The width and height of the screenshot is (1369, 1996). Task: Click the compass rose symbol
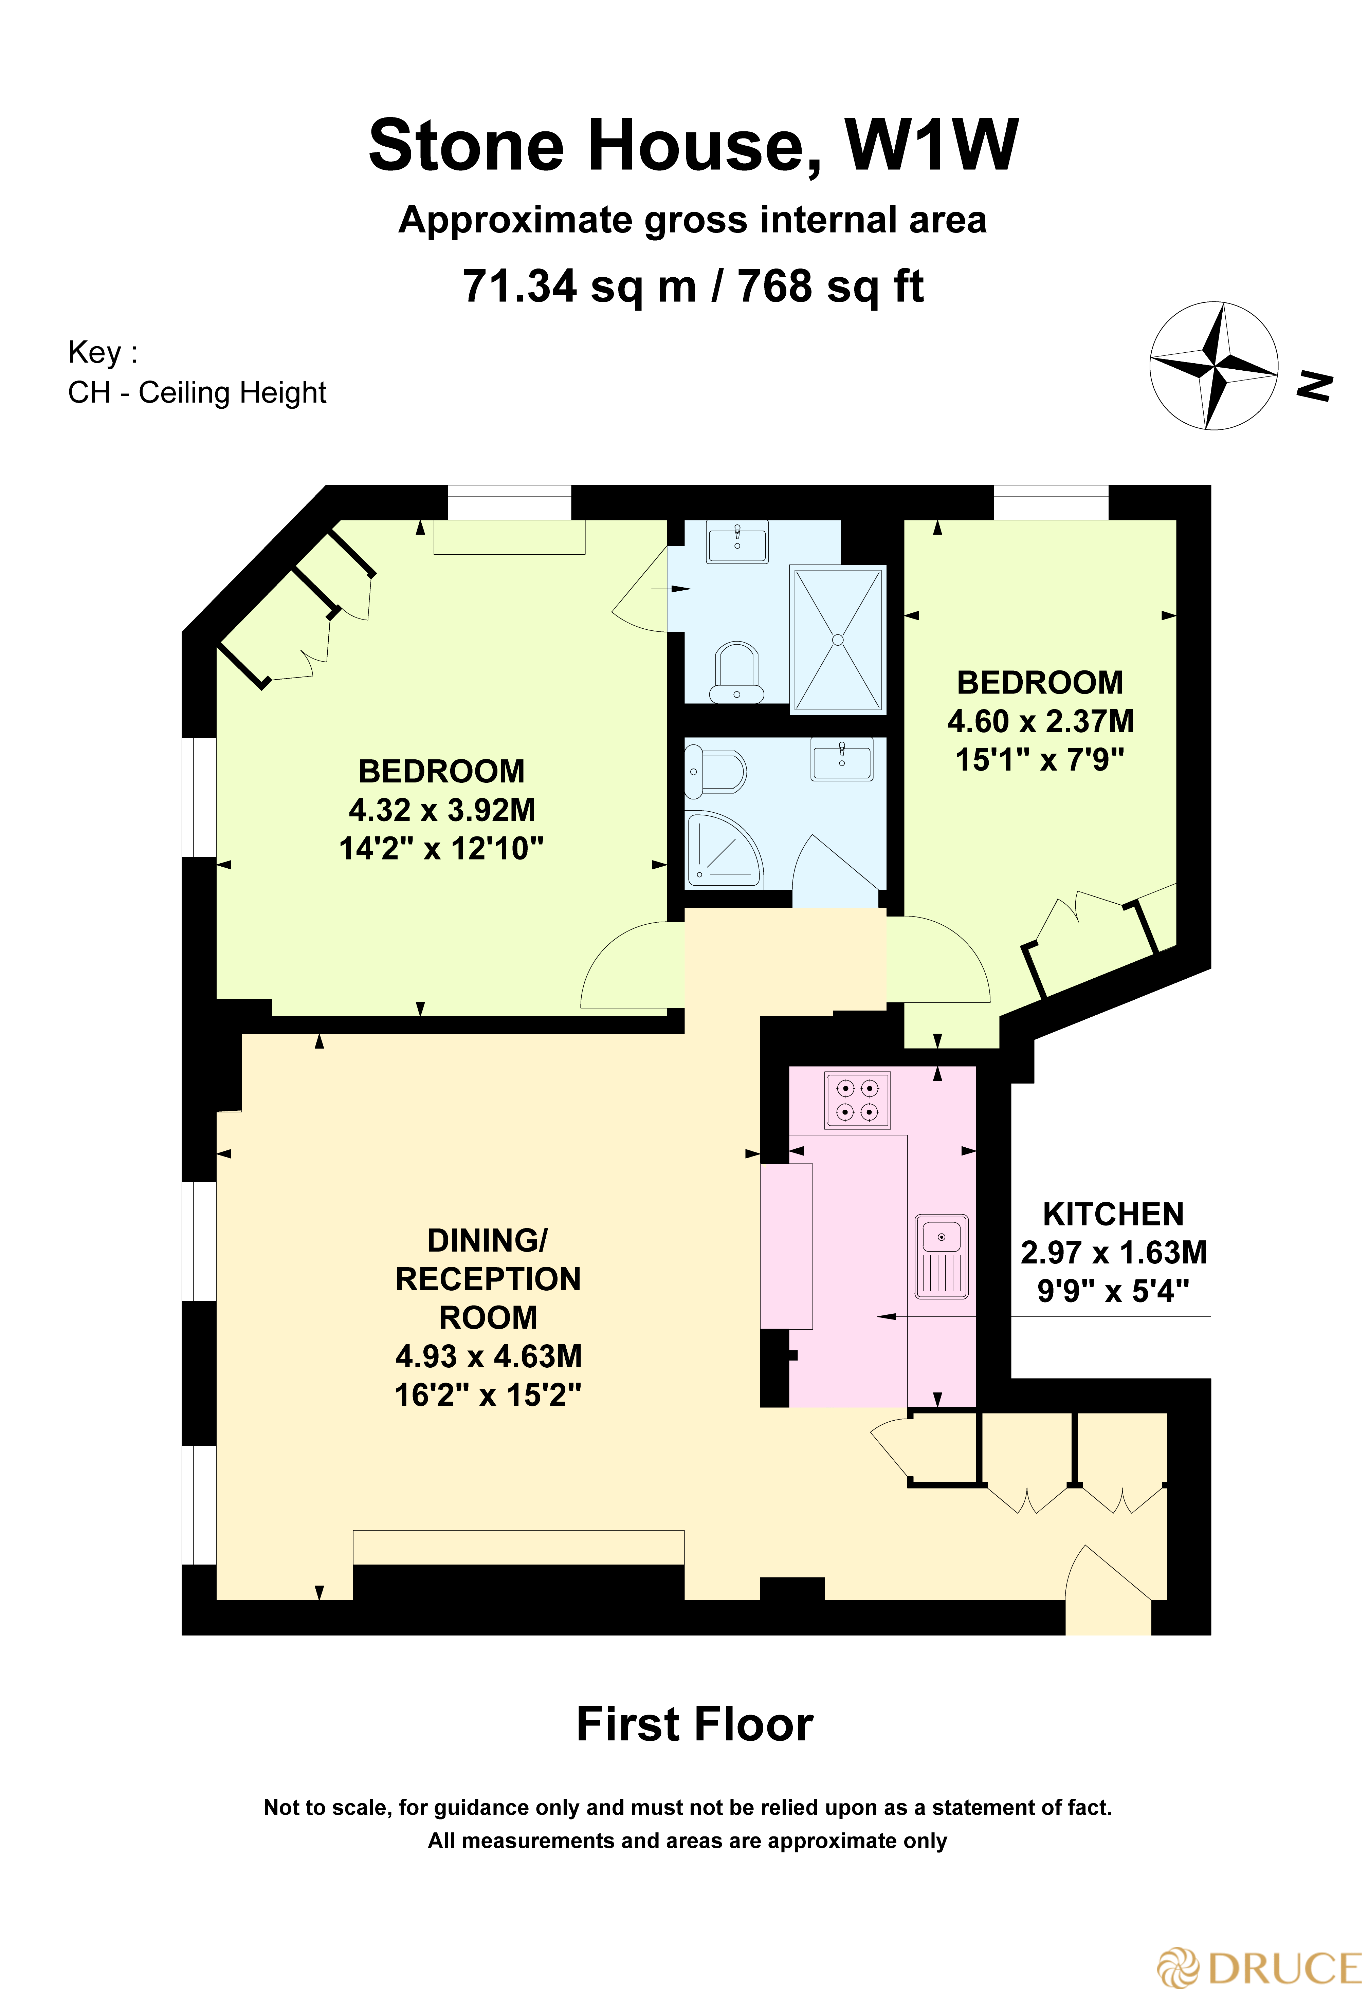click(1213, 366)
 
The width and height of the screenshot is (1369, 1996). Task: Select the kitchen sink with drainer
click(941, 1256)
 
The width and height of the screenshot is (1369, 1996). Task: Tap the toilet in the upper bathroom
click(736, 673)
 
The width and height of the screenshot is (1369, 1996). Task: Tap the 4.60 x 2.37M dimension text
click(1040, 721)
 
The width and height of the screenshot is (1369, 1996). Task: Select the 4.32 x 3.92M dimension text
click(441, 810)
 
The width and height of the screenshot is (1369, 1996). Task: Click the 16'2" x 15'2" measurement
click(488, 1395)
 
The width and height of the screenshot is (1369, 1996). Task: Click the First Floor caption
click(694, 1724)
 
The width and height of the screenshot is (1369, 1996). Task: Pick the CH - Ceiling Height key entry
click(197, 392)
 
